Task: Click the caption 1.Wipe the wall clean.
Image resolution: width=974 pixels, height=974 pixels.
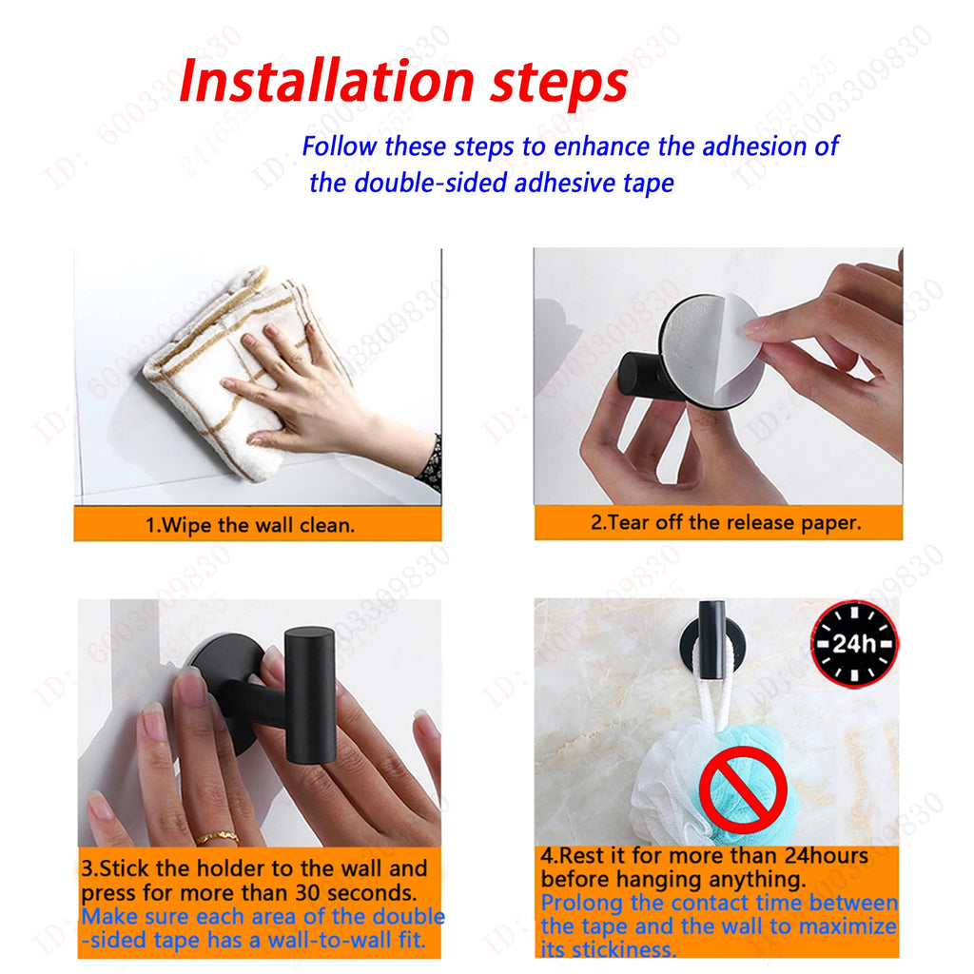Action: point(249,525)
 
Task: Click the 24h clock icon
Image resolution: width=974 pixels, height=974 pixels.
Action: point(853,643)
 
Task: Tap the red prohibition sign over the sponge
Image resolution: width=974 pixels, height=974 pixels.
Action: point(743,789)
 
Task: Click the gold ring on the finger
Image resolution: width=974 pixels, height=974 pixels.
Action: point(218,838)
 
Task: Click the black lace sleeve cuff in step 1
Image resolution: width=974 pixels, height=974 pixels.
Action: point(432,463)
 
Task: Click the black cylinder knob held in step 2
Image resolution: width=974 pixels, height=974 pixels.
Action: point(639,375)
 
